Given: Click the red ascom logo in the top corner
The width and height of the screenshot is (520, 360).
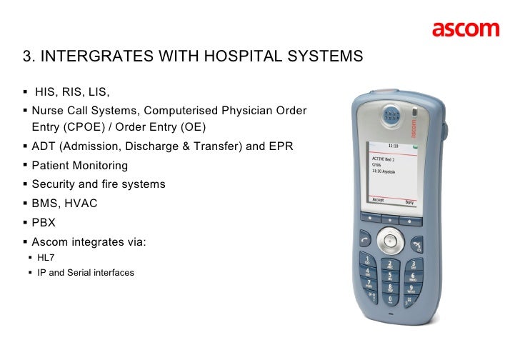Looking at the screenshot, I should [465, 29].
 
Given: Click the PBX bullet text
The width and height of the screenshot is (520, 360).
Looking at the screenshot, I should [44, 222].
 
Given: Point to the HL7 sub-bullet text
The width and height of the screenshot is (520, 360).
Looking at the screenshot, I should [45, 258].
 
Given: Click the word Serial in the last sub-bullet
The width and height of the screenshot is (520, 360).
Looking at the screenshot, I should [81, 272].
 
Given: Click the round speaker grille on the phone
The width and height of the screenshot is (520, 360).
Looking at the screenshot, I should [389, 114].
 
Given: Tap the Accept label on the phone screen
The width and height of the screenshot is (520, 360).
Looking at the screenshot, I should [374, 202].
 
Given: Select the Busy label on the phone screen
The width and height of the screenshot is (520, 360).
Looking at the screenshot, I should [409, 202].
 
